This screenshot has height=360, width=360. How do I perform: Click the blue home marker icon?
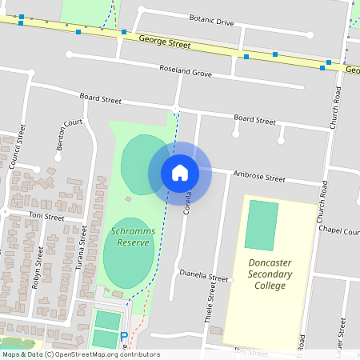click(180, 172)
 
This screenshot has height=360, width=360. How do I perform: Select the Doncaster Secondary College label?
click(270, 274)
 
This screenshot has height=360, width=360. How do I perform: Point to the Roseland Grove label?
click(185, 73)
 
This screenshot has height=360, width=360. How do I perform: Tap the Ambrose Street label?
click(258, 175)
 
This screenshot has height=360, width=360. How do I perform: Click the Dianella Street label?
click(204, 275)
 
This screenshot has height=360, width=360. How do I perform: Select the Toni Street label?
click(46, 216)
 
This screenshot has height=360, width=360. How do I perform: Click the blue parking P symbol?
click(124, 337)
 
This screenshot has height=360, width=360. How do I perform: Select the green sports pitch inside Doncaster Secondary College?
click(262, 226)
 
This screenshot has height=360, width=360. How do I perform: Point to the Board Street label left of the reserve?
click(100, 100)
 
